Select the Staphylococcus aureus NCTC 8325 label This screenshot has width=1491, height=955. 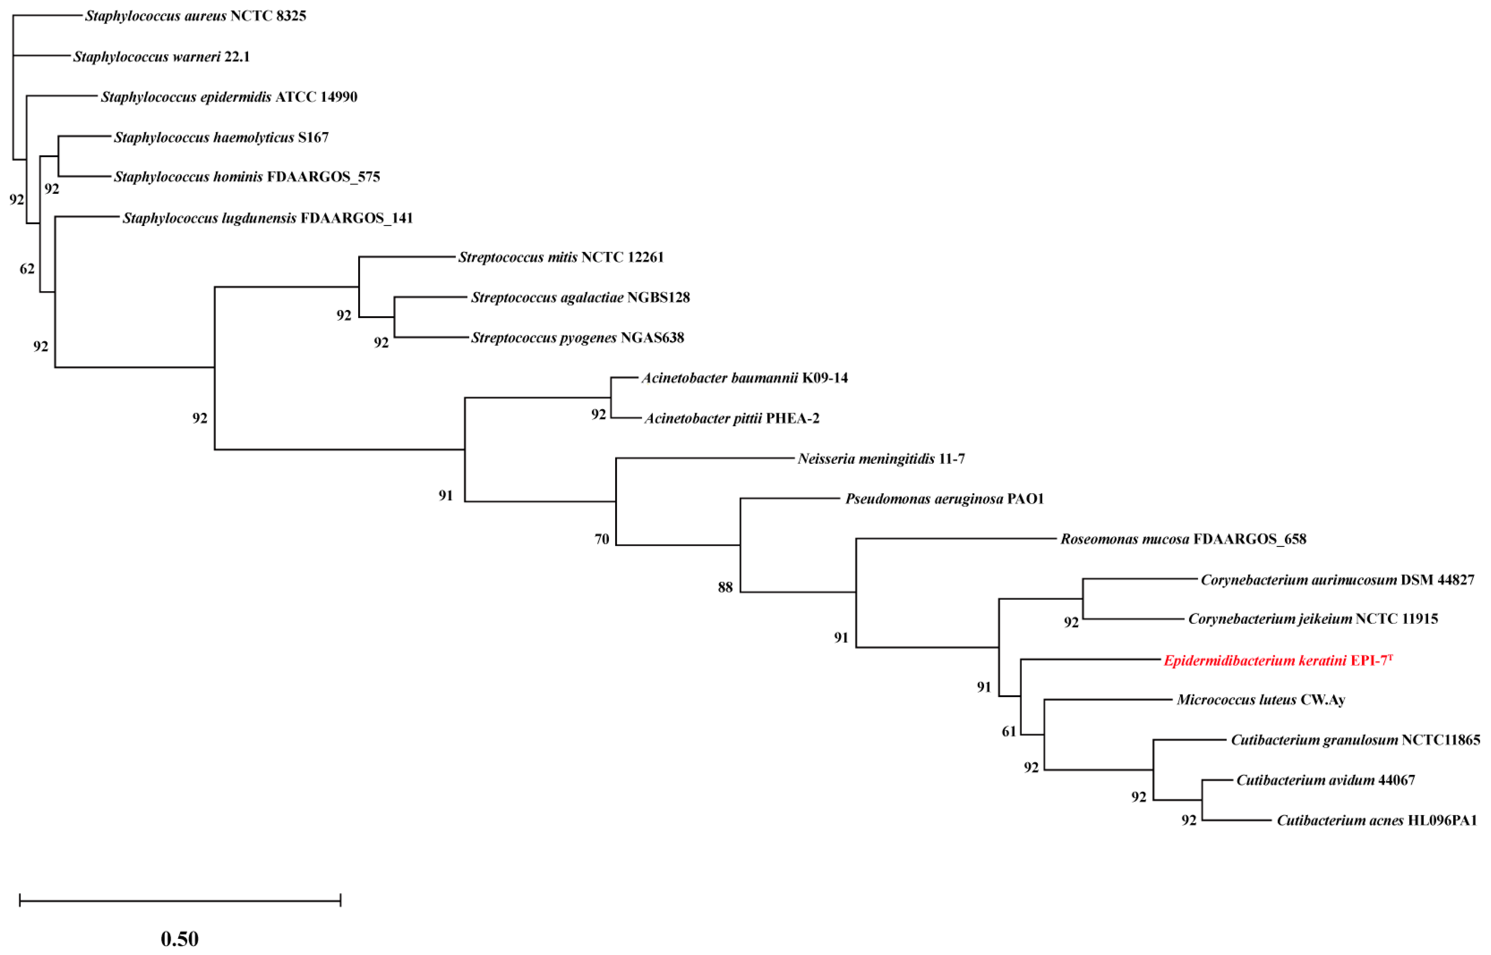[195, 16]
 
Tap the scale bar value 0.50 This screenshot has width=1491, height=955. [180, 938]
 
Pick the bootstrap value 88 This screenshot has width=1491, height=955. [725, 587]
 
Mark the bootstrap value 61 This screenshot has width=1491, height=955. [1009, 732]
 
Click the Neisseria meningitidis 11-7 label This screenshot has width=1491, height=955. [881, 459]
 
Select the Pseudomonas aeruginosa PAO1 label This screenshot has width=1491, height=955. [944, 499]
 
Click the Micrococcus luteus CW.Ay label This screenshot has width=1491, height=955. [1260, 700]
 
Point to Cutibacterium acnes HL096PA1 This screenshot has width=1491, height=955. [1376, 820]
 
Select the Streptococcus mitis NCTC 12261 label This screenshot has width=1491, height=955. [560, 257]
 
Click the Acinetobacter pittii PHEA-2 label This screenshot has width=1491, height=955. [731, 419]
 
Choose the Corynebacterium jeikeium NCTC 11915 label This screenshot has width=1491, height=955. [1312, 619]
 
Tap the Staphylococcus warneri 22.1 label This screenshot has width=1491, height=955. [161, 57]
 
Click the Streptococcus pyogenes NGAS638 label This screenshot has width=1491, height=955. [577, 338]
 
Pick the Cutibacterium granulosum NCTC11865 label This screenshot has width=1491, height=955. [1354, 740]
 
